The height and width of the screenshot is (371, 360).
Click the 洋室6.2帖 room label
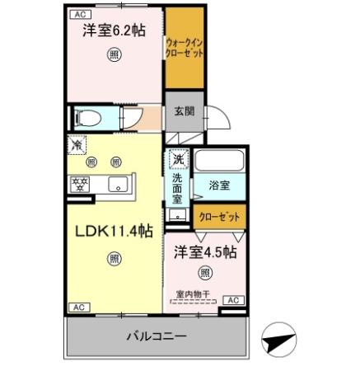coord(114,31)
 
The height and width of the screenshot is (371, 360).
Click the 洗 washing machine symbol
coord(178,157)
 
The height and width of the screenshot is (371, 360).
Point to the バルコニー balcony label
coord(157,336)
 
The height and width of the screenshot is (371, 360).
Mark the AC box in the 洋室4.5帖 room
coord(232,300)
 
